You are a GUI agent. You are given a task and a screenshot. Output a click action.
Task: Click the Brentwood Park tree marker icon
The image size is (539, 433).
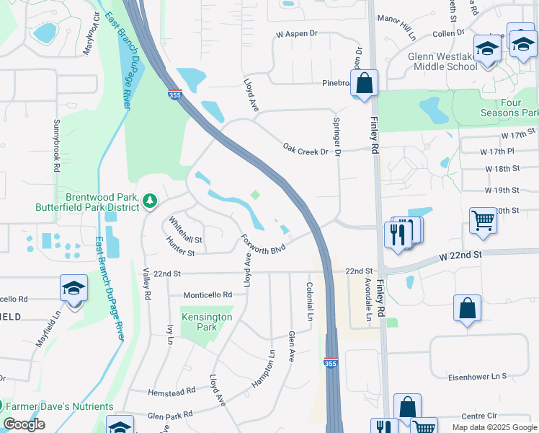(x=150, y=200)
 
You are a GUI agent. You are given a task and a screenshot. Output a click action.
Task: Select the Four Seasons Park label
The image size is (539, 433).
(x=510, y=108)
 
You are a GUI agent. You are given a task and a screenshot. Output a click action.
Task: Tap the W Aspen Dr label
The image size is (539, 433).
(x=297, y=34)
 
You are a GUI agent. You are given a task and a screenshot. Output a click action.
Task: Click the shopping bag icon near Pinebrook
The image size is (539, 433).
(x=365, y=83)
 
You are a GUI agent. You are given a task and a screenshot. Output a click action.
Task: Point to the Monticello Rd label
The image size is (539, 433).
(x=208, y=295)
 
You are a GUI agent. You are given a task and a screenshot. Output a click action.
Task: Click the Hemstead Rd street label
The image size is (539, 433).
(x=171, y=391)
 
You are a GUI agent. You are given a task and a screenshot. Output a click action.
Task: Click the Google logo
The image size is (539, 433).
(x=24, y=424)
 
